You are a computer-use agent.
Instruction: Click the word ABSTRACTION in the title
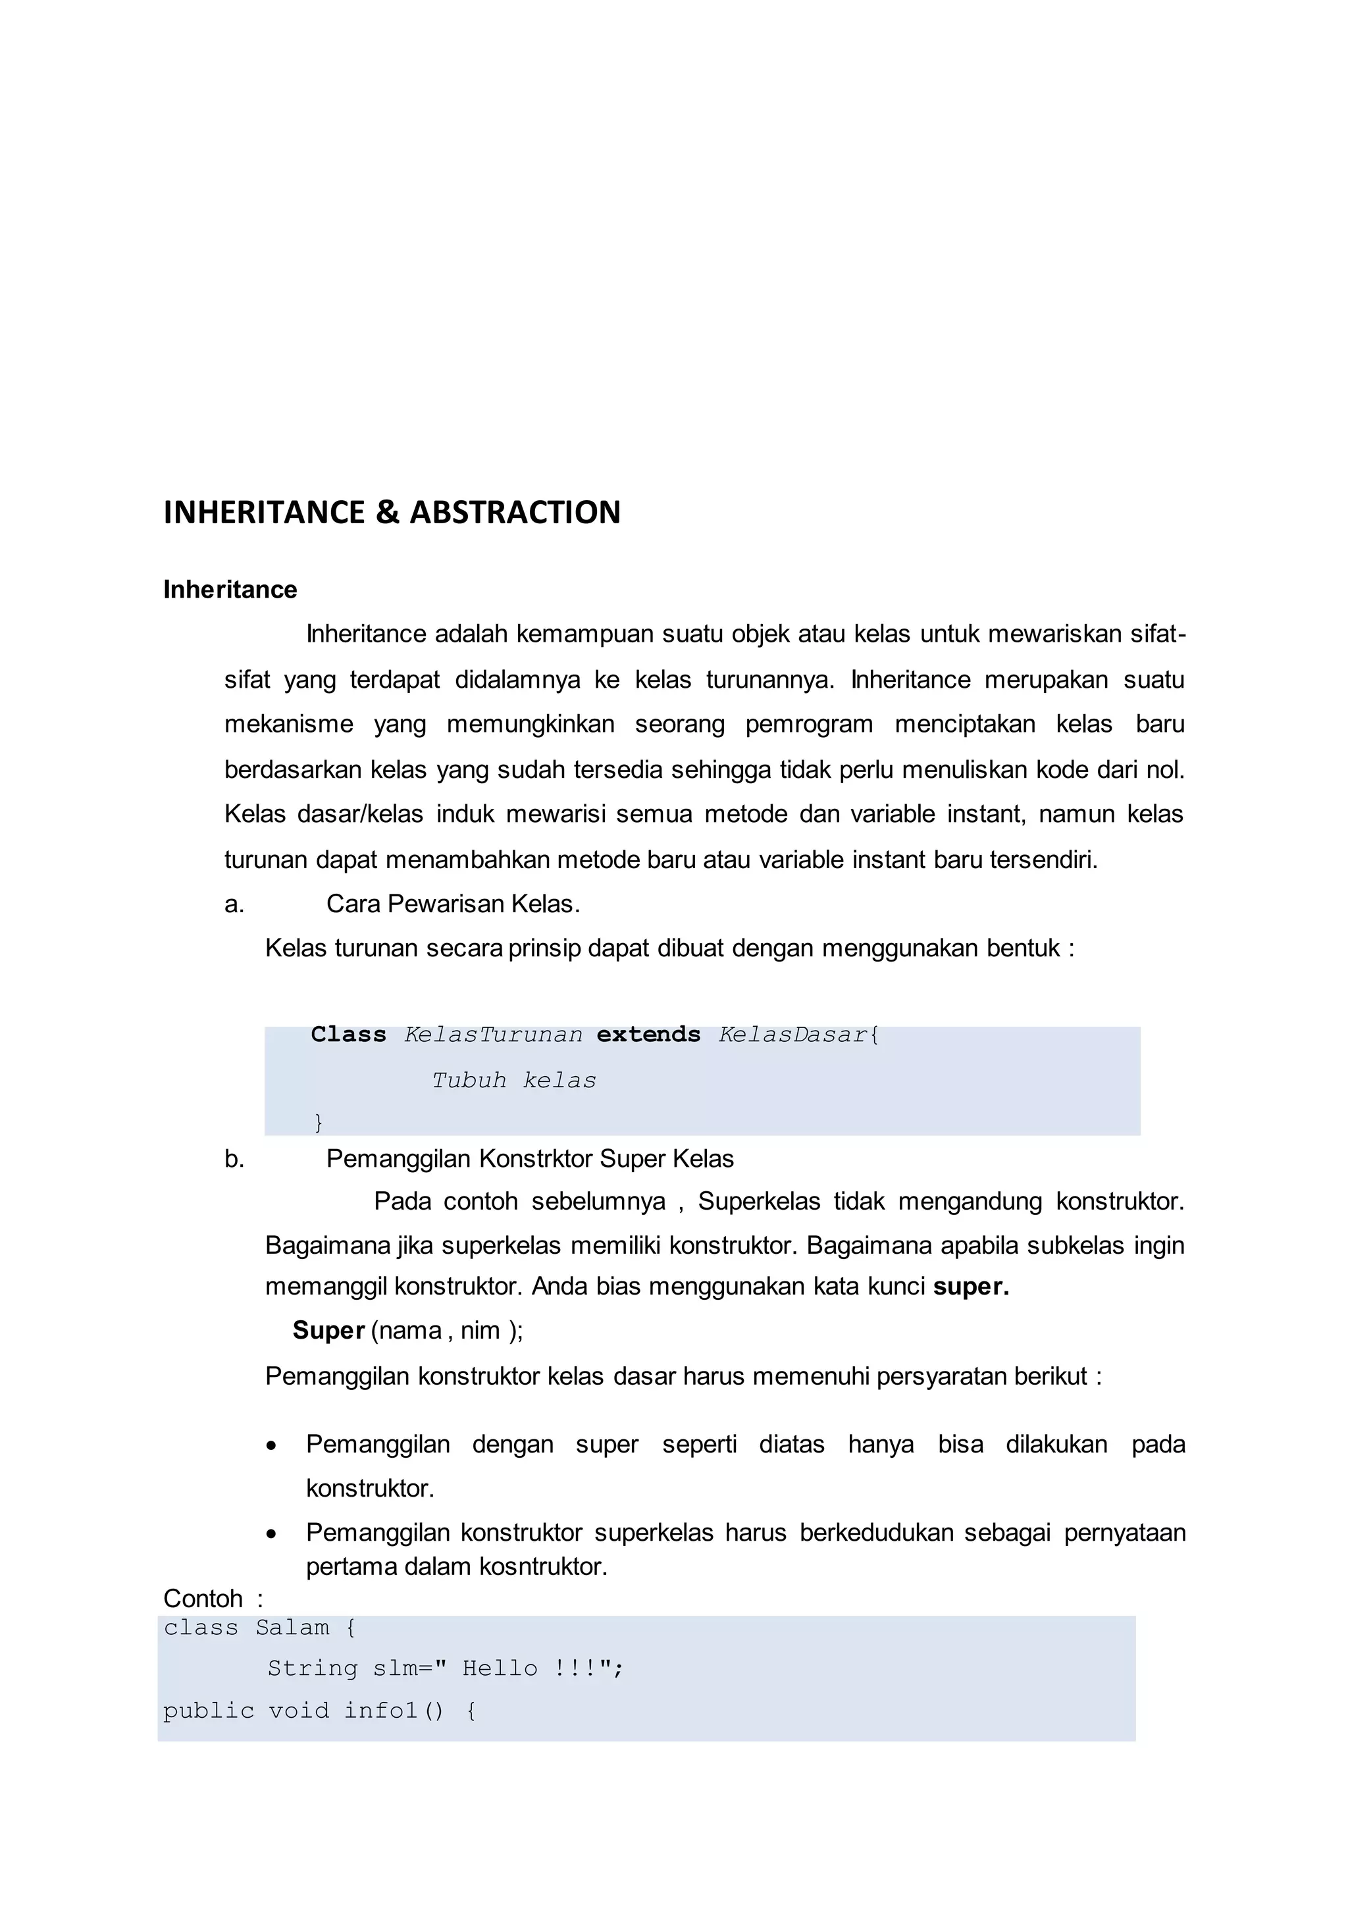[x=515, y=512]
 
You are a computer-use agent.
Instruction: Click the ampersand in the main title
[x=387, y=512]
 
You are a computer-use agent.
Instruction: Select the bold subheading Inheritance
[x=230, y=590]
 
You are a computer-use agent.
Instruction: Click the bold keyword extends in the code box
[x=648, y=1035]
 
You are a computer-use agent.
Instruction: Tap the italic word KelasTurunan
[x=493, y=1035]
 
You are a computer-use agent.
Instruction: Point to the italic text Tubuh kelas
[x=514, y=1080]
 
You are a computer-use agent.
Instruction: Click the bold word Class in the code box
[x=349, y=1035]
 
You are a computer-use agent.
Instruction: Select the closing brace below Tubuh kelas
[x=318, y=1122]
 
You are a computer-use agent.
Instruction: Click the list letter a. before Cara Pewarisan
[x=234, y=904]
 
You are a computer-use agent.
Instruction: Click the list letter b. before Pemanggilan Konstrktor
[x=234, y=1159]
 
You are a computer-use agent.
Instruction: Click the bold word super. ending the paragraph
[x=970, y=1287]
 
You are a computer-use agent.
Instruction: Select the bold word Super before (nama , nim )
[x=328, y=1331]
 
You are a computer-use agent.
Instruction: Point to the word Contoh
[x=203, y=1598]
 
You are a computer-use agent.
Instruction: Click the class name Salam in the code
[x=292, y=1628]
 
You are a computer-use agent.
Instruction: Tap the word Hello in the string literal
[x=500, y=1668]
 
